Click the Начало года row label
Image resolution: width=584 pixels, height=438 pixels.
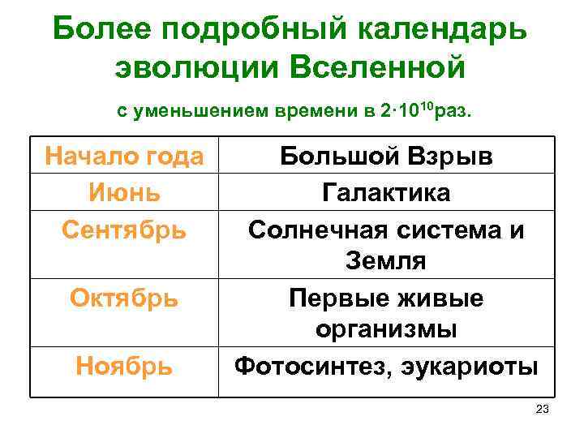coord(124,156)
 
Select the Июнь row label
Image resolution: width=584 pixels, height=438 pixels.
coord(124,193)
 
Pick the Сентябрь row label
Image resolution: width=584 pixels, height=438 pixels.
coord(124,230)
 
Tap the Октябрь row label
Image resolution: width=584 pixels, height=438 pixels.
coord(124,298)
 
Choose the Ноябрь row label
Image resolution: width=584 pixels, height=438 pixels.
coord(124,367)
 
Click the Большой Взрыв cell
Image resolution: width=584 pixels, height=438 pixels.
coord(386,157)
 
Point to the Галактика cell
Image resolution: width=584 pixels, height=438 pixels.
coord(386,193)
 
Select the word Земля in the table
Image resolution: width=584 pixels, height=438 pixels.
coord(386,261)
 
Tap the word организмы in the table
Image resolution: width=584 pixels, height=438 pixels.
coord(386,330)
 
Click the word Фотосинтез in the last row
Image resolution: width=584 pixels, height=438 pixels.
coord(308,367)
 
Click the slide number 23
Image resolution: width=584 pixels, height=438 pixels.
coord(543,409)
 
